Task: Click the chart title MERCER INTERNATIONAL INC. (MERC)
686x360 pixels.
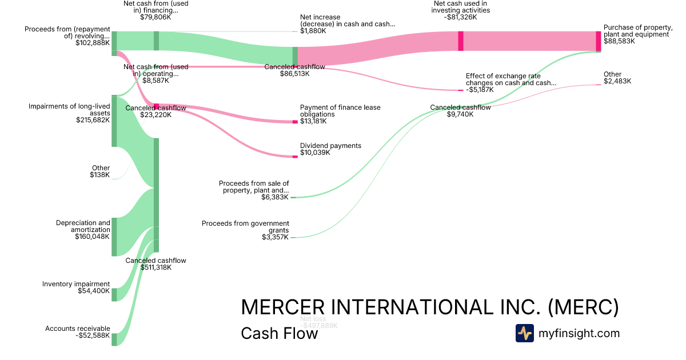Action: (x=429, y=307)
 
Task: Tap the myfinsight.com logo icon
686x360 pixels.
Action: (x=524, y=333)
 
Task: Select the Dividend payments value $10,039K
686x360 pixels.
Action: (x=315, y=153)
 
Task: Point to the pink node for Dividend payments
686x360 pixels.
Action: (x=295, y=156)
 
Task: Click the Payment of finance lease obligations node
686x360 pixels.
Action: (x=295, y=122)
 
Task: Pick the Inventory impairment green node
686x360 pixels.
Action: (x=114, y=294)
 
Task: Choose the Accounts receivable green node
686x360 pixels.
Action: (x=114, y=339)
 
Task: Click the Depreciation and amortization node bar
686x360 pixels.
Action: (x=114, y=237)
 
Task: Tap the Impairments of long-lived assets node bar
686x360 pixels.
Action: (x=114, y=121)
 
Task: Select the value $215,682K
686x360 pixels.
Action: (x=93, y=120)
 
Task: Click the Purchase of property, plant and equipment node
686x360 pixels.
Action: (x=599, y=41)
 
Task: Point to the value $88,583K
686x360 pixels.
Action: (x=619, y=41)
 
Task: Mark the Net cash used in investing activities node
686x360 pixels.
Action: (x=461, y=41)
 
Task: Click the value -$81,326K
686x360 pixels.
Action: (x=461, y=18)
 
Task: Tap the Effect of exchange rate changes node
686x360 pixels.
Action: (x=461, y=90)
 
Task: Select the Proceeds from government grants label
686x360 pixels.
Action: (x=245, y=227)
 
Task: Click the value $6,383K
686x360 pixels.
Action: (x=276, y=197)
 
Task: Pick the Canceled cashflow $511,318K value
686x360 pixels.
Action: (x=155, y=267)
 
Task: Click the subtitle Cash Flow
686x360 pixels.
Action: (x=279, y=333)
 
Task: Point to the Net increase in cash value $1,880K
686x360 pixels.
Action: (x=313, y=31)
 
